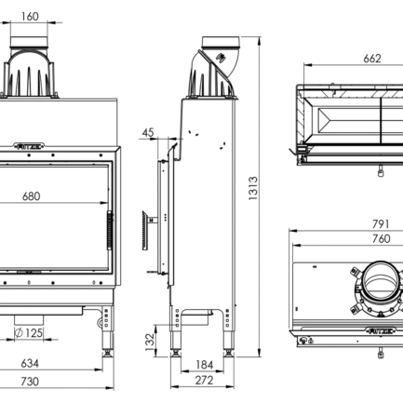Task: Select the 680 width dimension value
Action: coord(31,196)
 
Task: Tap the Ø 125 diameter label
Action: coord(30,332)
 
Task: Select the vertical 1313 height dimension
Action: coord(252,190)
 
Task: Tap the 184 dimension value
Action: coord(205,365)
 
